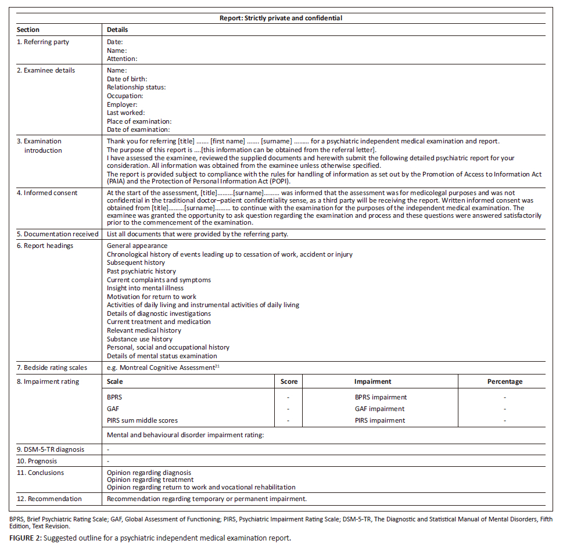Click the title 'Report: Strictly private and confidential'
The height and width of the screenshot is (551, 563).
(x=281, y=18)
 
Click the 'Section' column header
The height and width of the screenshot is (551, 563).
(x=28, y=30)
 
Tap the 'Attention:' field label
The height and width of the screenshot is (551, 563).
(x=122, y=59)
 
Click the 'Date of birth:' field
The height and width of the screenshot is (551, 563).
(x=127, y=79)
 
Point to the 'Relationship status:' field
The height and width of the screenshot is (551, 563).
(x=137, y=87)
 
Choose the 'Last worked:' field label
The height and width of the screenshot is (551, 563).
(x=125, y=113)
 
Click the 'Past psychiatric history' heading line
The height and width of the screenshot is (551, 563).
(x=141, y=271)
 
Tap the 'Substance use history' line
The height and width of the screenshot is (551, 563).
(x=139, y=339)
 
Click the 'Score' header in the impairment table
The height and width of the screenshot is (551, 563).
(x=289, y=381)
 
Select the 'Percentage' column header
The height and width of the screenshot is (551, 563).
(x=504, y=381)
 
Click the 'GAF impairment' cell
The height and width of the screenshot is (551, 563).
(x=380, y=409)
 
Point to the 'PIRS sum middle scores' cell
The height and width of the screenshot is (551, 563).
(x=142, y=420)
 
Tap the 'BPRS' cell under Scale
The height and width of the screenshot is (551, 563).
(x=115, y=397)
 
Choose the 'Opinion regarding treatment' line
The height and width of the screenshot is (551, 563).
(x=150, y=480)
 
